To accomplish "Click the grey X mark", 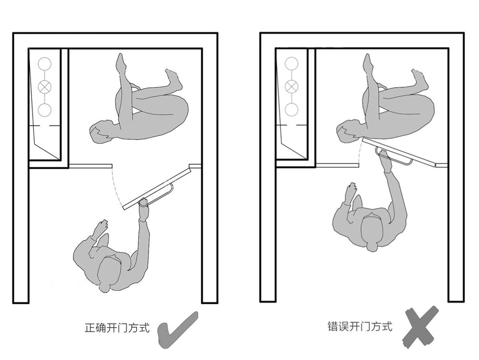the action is (420, 327).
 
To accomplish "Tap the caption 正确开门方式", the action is (117, 328).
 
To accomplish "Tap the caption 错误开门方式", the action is (360, 326).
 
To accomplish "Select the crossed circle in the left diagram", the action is (45, 87).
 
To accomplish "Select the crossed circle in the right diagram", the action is (291, 87).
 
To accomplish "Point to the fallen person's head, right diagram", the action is (348, 131).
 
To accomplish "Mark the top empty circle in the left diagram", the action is (45, 64).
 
